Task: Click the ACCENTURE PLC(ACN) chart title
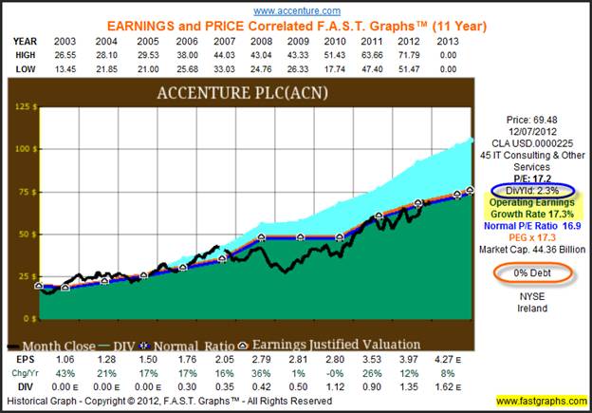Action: [x=235, y=93]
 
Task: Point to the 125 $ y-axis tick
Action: [x=23, y=107]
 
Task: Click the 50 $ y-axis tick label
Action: [x=25, y=234]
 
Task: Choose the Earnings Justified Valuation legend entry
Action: [x=342, y=345]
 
